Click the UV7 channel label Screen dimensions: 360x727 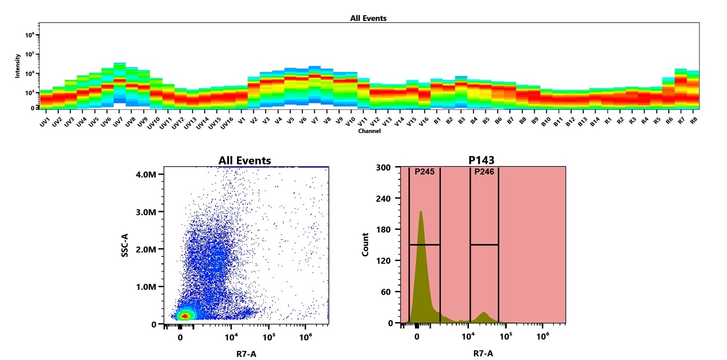point(118,122)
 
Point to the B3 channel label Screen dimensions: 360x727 point(461,121)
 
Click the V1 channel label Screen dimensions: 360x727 point(241,121)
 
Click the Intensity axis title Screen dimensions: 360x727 point(18,65)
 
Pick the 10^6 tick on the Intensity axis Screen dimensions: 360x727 point(30,35)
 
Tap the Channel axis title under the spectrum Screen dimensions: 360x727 point(369,131)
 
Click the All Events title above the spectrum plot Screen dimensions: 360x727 point(368,18)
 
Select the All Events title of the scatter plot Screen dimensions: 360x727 point(244,161)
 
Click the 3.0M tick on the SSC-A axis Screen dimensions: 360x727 point(146,212)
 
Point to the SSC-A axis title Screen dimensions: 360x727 point(125,245)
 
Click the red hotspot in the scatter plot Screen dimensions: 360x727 point(185,316)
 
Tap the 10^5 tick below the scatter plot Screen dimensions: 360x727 point(269,337)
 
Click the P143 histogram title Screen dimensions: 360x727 point(481,161)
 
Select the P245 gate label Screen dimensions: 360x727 point(424,172)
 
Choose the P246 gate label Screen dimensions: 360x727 point(484,172)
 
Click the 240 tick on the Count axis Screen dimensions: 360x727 point(383,199)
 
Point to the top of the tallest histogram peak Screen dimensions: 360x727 point(421,211)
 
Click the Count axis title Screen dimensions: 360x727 point(365,245)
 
